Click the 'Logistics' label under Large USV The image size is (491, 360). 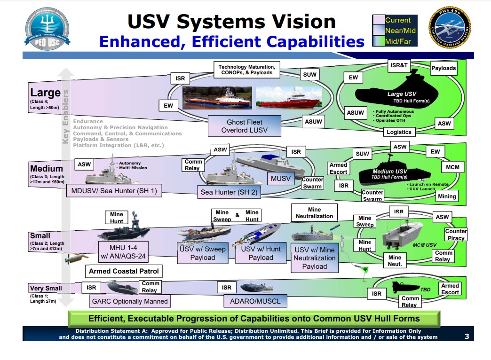398,132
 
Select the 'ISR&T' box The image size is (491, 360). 398,65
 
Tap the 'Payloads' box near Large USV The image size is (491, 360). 443,68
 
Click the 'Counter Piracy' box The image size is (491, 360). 455,235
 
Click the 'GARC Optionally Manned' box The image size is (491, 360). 129,301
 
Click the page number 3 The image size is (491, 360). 466,336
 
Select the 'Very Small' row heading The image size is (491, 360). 46,288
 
